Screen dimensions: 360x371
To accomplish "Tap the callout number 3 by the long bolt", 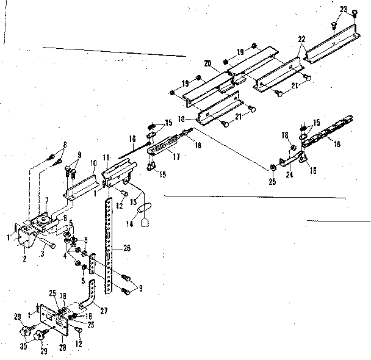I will pyautogui.click(x=43, y=253).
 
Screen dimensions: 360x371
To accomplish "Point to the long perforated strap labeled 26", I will pyautogui.click(x=108, y=244).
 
